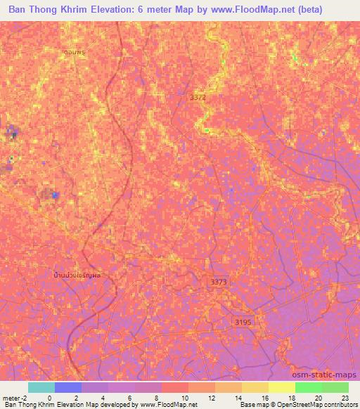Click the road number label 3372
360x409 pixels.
[198, 98]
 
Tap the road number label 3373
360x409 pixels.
[219, 281]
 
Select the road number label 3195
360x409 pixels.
[242, 321]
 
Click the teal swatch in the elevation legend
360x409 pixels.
[41, 387]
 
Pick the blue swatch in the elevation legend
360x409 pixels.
[68, 387]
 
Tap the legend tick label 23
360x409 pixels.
[345, 397]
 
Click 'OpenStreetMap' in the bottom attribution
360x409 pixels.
[304, 405]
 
